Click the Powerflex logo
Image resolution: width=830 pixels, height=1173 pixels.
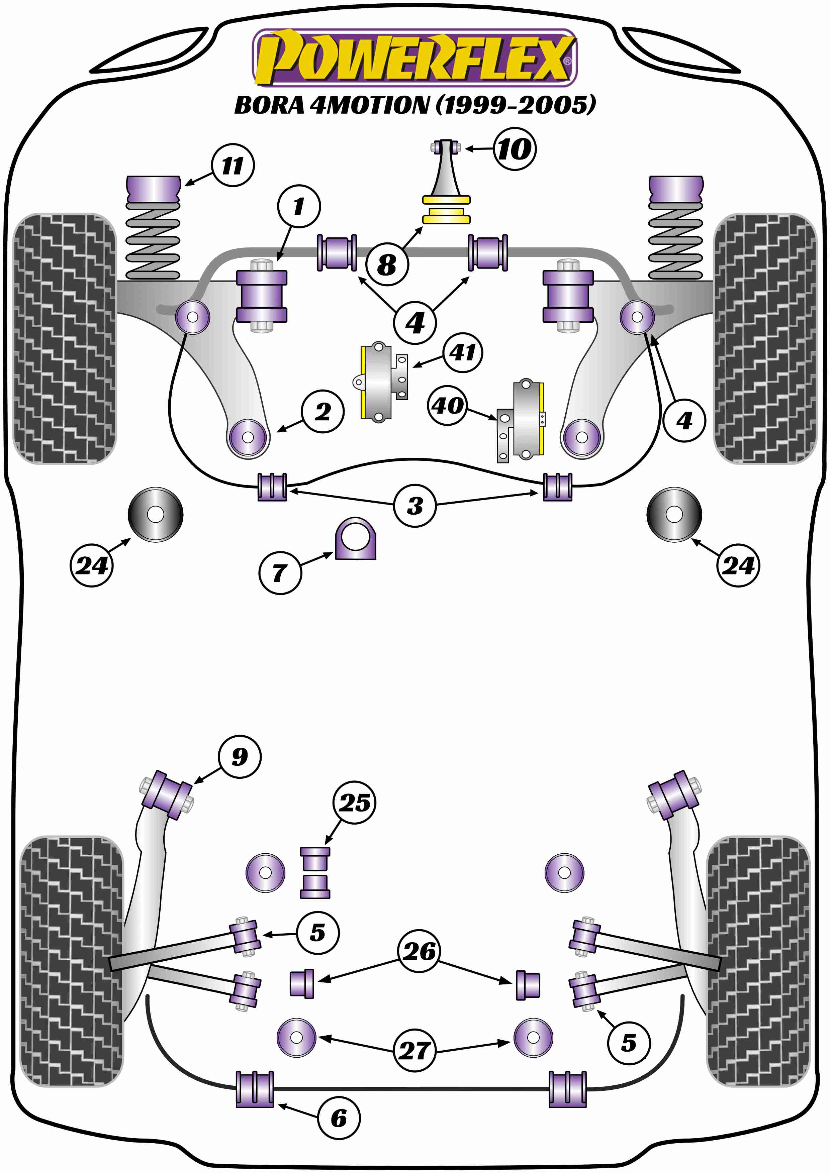tap(414, 57)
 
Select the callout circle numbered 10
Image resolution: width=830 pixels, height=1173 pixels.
tap(515, 149)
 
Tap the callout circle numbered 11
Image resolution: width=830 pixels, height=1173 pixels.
tap(233, 166)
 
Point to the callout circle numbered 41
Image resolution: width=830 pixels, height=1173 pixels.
tap(463, 352)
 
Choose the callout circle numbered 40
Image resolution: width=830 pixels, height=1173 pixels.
tap(448, 406)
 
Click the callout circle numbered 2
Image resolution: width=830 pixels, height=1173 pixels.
tap(322, 412)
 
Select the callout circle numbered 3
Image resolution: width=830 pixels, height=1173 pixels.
tap(414, 506)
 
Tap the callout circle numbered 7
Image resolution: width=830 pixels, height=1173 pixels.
tap(280, 573)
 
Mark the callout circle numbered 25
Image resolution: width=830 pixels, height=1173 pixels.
tap(354, 803)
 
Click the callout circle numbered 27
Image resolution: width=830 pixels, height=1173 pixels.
tap(414, 1050)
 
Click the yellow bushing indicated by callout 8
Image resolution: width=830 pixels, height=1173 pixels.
tap(446, 210)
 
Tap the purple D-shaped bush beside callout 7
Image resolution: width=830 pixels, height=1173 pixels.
tap(355, 539)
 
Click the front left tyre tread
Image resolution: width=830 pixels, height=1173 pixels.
tap(64, 338)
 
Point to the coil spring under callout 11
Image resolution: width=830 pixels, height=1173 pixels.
tap(153, 240)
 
